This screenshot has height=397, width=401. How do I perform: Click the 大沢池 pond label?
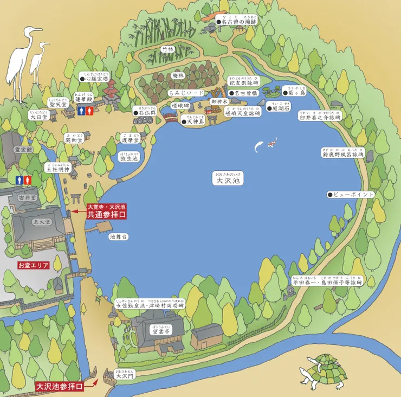[228, 180]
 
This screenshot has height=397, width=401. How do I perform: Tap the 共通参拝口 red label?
[106, 214]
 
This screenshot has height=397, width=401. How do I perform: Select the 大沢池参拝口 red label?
[60, 386]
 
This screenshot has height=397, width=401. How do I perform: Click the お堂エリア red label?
[34, 266]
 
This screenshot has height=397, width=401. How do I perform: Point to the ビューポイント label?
[351, 194]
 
